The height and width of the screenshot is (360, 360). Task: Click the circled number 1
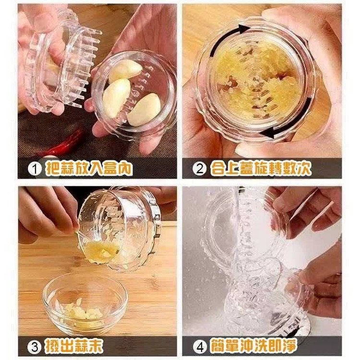coord(35,169)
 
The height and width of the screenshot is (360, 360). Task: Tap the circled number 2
coord(200,169)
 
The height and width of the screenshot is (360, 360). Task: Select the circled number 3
coord(35,347)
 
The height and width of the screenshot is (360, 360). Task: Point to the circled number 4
coord(200,347)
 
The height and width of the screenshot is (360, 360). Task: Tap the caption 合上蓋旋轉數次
coord(261,169)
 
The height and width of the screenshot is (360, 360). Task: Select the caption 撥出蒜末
coord(74,347)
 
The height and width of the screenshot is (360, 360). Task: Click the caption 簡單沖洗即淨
coord(253,347)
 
